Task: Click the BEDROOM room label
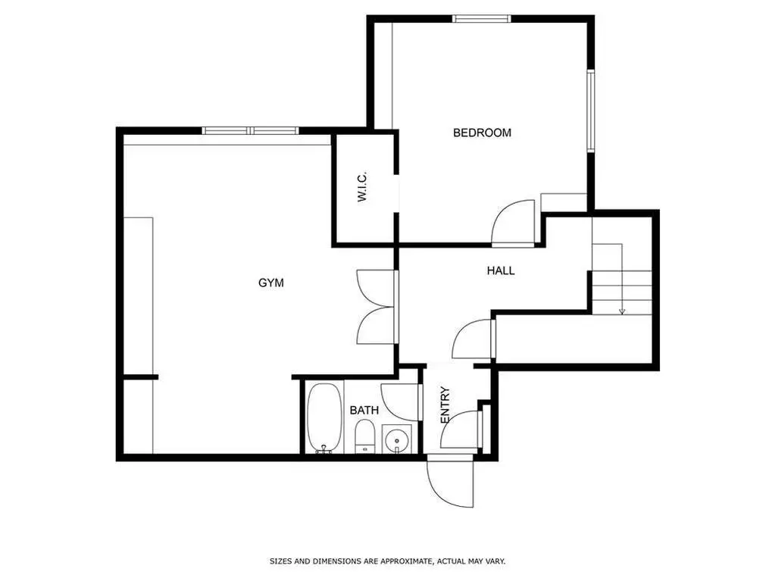pyautogui.click(x=482, y=133)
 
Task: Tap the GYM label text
pyautogui.click(x=271, y=283)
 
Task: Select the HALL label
pyautogui.click(x=501, y=270)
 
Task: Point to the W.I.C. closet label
pyautogui.click(x=362, y=187)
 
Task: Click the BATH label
pyautogui.click(x=364, y=410)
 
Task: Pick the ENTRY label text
pyautogui.click(x=445, y=405)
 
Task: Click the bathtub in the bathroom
pyautogui.click(x=324, y=418)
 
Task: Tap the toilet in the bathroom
pyautogui.click(x=365, y=436)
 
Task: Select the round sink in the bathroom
pyautogui.click(x=397, y=439)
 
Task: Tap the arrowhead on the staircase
pyautogui.click(x=622, y=311)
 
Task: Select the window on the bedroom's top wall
pyautogui.click(x=481, y=19)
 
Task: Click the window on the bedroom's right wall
pyautogui.click(x=590, y=111)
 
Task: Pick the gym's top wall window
pyautogui.click(x=251, y=130)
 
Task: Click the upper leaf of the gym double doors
pyautogui.click(x=377, y=288)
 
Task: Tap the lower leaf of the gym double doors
pyautogui.click(x=377, y=325)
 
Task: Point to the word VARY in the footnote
pyautogui.click(x=496, y=561)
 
